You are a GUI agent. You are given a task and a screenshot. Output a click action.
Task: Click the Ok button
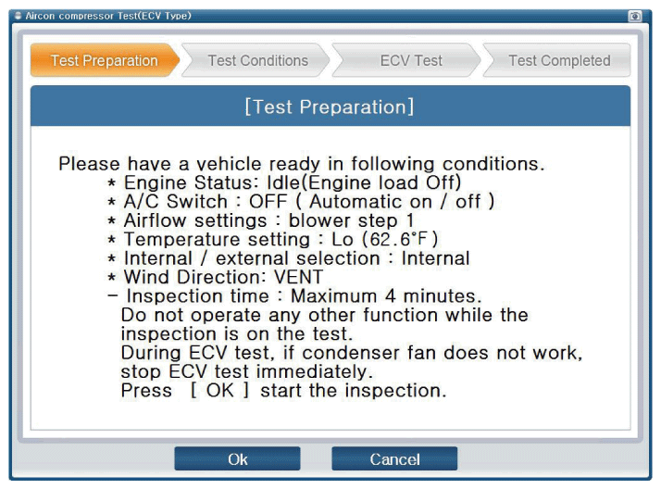click(237, 458)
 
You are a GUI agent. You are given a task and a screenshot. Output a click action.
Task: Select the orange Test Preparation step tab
click(105, 60)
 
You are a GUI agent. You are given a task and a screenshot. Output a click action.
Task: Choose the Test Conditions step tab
click(256, 60)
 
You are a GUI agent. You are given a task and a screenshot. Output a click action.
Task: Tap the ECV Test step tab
click(407, 60)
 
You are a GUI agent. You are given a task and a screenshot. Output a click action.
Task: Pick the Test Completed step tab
click(557, 60)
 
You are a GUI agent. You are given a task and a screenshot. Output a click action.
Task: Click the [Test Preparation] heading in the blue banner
click(330, 107)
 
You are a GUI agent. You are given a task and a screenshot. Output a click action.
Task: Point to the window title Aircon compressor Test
click(108, 16)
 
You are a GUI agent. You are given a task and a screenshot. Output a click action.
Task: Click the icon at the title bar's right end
click(635, 17)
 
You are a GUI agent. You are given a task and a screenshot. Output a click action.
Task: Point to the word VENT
click(298, 277)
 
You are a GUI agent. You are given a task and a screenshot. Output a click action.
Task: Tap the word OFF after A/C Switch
click(268, 202)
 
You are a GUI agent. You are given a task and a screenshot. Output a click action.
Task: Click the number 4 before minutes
click(391, 296)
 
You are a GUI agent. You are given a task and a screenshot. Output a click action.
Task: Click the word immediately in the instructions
click(315, 371)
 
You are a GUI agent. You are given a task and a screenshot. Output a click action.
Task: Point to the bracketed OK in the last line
click(219, 390)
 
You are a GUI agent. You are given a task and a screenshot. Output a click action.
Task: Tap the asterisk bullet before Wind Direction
click(111, 278)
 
